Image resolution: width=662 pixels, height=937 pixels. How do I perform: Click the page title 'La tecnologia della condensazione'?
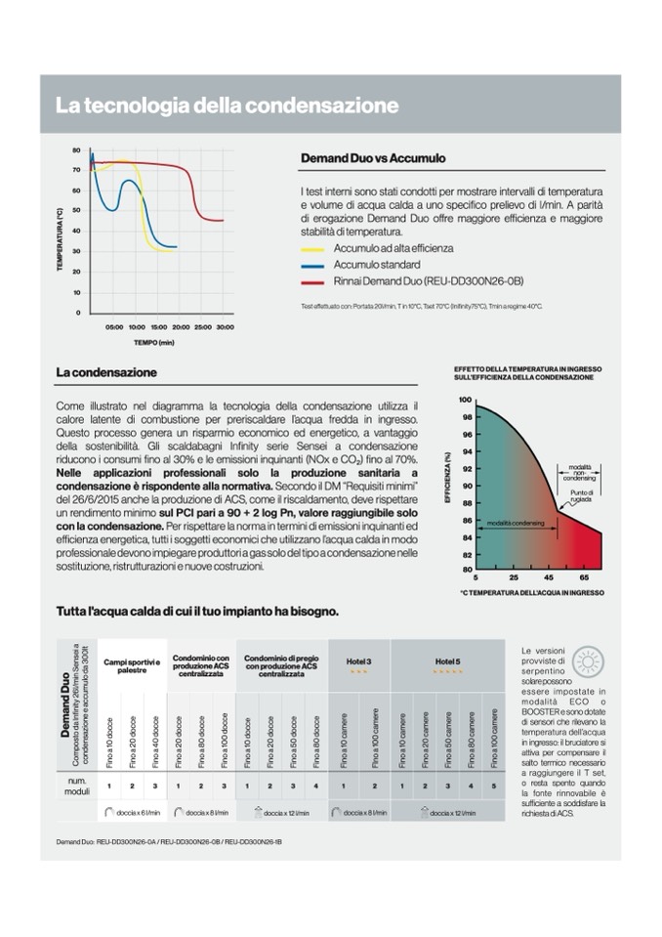227,105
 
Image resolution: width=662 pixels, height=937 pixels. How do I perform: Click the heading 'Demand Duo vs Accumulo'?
372,157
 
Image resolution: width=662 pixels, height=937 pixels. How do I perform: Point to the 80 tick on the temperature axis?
76,150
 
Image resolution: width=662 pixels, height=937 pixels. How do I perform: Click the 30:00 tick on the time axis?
225,326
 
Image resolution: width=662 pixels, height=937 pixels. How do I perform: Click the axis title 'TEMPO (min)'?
153,343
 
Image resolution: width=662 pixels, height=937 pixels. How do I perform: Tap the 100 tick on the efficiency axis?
465,400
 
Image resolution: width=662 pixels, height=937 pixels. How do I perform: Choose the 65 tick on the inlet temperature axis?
584,577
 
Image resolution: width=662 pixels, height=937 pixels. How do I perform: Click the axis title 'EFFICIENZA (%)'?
447,478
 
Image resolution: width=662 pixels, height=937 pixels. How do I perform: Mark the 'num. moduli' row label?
78,786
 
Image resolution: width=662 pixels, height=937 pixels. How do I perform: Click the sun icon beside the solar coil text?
588,661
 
